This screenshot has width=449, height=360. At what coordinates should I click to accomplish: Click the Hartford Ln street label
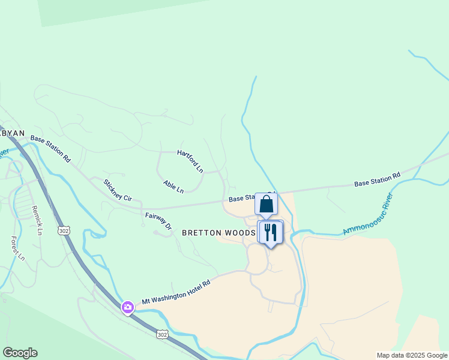coord(190,161)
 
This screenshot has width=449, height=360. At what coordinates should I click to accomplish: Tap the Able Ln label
coord(173,187)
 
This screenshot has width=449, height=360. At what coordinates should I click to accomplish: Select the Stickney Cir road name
coord(117,190)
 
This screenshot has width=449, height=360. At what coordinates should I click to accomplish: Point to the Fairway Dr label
coord(158,221)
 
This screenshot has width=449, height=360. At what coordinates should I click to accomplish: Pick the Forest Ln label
coord(17,248)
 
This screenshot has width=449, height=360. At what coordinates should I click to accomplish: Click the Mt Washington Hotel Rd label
coord(176,292)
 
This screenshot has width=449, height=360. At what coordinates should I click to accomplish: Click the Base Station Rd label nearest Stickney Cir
coord(50,149)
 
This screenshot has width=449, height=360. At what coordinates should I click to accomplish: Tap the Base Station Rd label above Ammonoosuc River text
coord(377,179)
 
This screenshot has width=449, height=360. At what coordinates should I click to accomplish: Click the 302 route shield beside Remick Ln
coord(64,230)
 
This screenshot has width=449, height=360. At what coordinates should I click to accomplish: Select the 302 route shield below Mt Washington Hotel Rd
coord(162,334)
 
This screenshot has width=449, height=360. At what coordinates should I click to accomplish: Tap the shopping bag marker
coord(266,204)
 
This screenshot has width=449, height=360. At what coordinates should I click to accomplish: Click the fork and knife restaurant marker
coord(270,232)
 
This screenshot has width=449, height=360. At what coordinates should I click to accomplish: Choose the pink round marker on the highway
coord(127,308)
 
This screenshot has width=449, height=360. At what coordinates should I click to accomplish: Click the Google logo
coord(20,353)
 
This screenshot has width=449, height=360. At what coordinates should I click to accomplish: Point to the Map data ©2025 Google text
coord(412,355)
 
